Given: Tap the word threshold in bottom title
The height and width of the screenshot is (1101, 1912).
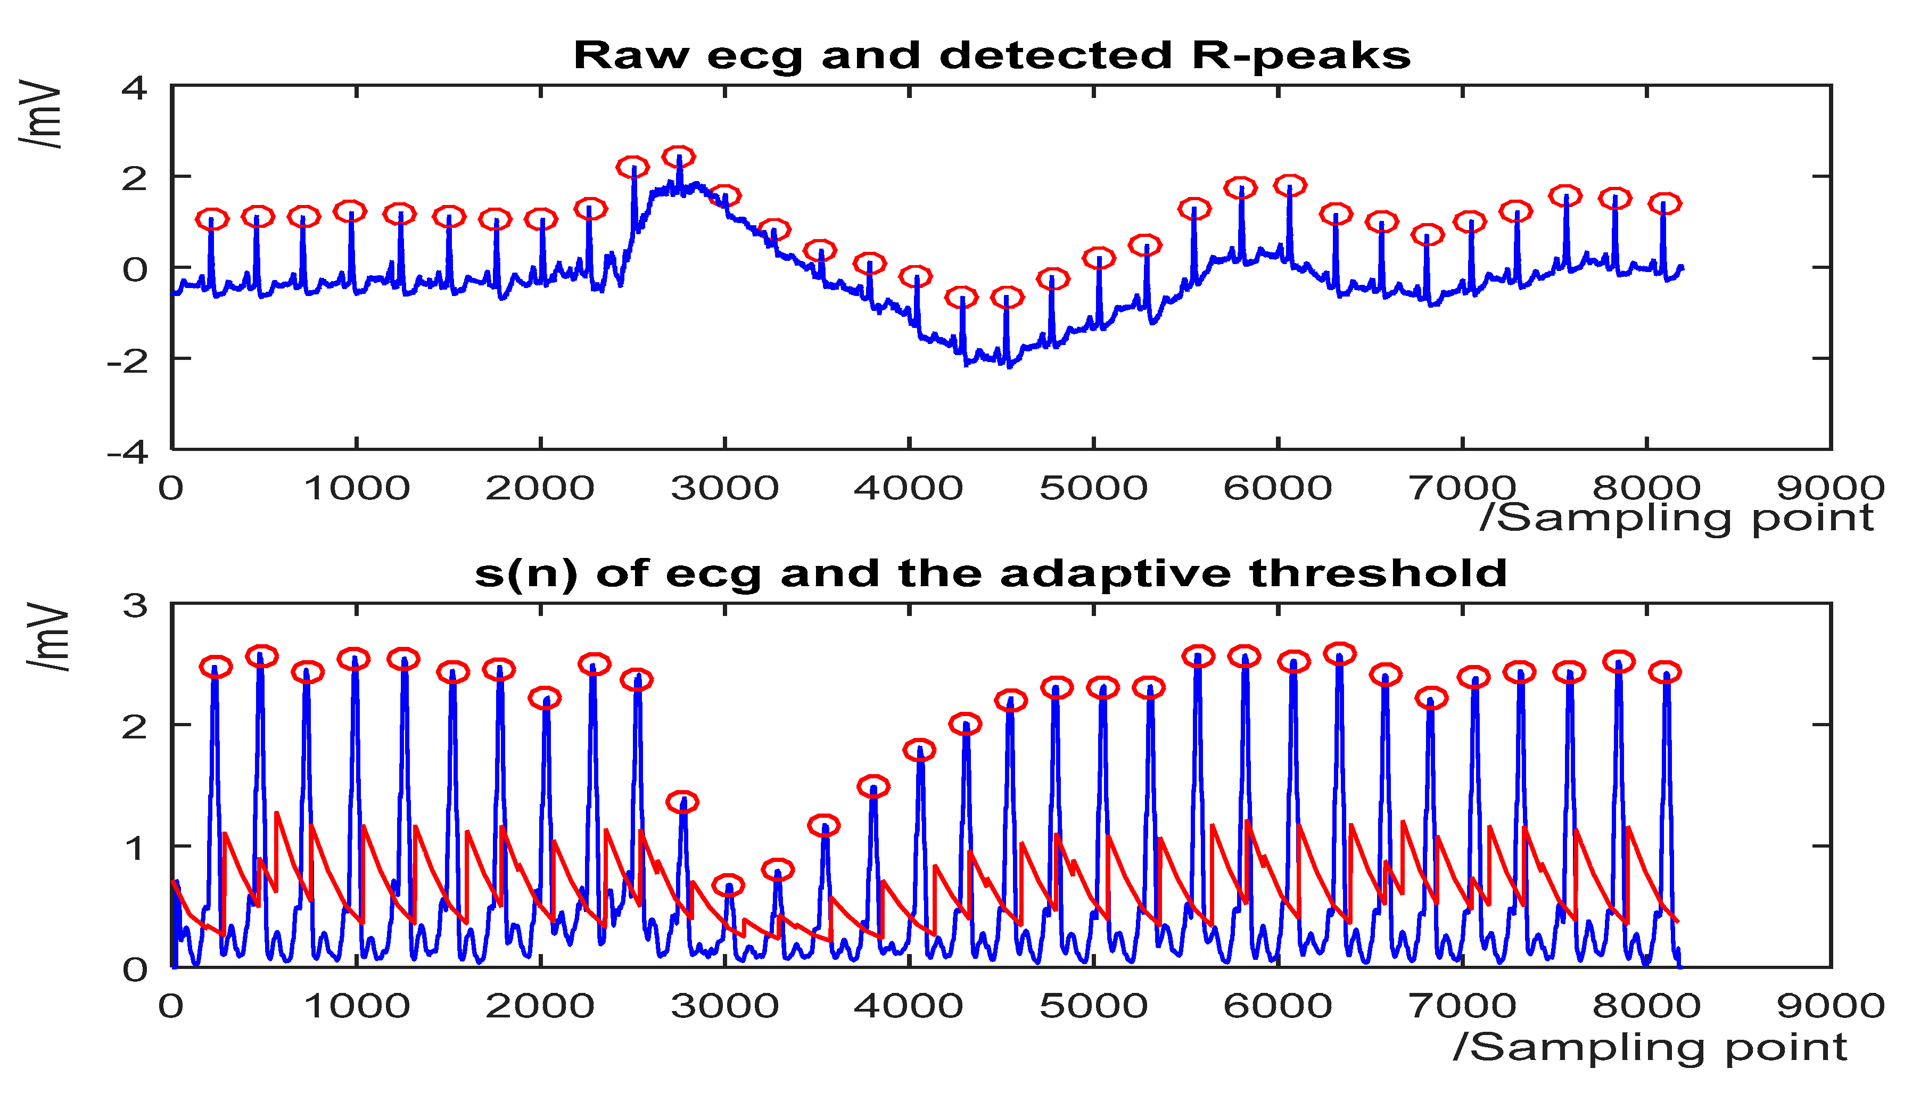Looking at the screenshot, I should (1378, 573).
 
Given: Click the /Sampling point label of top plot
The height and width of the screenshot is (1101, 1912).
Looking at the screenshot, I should (1677, 519).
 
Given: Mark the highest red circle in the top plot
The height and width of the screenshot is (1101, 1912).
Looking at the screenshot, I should (678, 157).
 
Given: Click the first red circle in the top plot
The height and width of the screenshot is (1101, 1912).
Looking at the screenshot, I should (212, 219).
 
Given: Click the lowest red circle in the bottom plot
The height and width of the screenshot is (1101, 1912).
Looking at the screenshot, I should (728, 885).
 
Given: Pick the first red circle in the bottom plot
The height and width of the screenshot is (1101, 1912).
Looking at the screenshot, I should (216, 666).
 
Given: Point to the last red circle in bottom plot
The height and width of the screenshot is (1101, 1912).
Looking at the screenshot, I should (1665, 671).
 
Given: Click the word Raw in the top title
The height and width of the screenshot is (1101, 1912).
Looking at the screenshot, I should (631, 56).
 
